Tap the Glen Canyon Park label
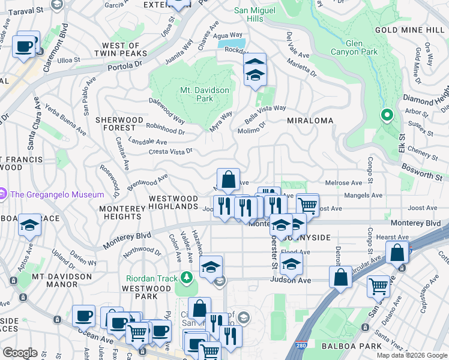(x=362, y=47)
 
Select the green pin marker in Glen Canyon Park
(x=387, y=115)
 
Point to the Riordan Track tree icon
(x=187, y=277)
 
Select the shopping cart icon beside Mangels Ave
(x=307, y=205)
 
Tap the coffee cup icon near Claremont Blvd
(x=24, y=46)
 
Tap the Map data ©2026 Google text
(x=411, y=355)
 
